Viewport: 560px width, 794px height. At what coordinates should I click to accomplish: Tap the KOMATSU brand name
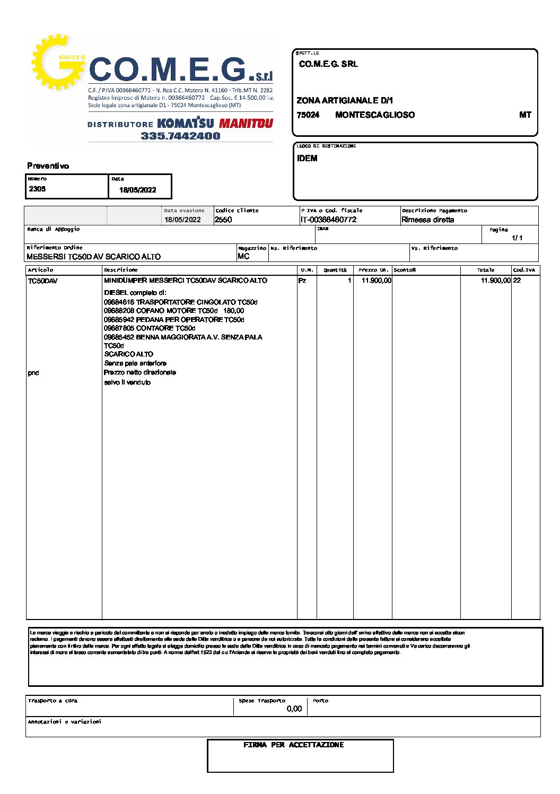coord(186,124)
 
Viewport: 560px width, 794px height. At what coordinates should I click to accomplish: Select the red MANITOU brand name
coord(246,124)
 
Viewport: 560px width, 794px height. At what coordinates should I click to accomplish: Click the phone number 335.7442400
coord(180,136)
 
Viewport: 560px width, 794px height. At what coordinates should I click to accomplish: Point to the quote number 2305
coord(37,189)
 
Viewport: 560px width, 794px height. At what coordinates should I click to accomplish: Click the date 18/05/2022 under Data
coord(138,190)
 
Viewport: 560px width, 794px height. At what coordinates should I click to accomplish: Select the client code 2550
coord(223,220)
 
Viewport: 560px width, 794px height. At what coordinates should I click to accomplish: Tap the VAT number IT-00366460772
coord(328,220)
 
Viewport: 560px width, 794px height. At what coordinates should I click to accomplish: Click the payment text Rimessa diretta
coord(427,220)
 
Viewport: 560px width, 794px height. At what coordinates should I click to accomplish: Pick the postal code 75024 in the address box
coord(308,115)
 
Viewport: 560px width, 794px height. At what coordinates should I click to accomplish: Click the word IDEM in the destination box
coord(307,158)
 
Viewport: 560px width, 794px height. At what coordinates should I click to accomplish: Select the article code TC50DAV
coord(42,281)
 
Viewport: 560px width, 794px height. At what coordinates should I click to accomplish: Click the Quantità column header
coord(335,270)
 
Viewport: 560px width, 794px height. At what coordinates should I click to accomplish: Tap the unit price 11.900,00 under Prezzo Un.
coord(376,281)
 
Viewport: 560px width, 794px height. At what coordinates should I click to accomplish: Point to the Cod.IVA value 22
coord(517,281)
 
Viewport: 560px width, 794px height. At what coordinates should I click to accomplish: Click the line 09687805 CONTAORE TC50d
coord(150,328)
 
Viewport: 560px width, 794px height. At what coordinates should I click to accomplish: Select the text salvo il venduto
coord(127,382)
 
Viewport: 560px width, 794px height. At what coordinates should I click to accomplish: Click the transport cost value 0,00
coord(294,709)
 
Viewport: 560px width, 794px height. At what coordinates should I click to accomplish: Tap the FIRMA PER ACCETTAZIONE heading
coord(293,745)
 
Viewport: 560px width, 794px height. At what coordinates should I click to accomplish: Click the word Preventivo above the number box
coord(48,166)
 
